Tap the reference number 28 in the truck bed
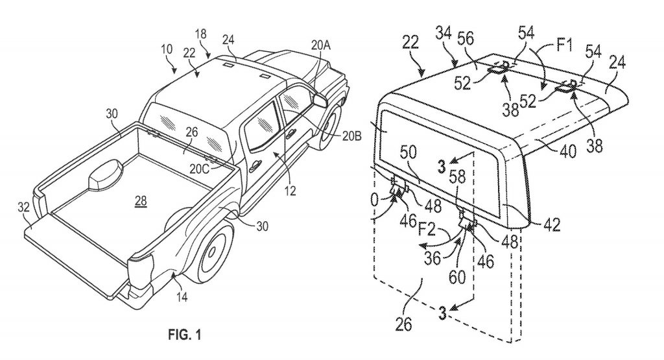[x=140, y=202]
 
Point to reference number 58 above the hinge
[x=459, y=191]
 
